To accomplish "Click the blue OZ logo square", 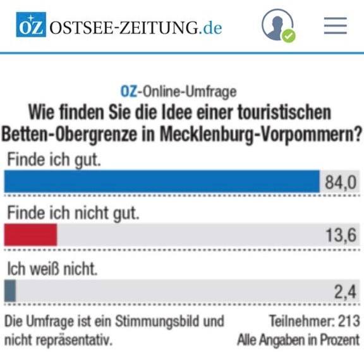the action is [x=31, y=25].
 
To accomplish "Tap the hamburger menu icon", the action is [x=336, y=25].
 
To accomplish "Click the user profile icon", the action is [x=277, y=25].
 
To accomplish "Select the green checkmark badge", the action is [x=289, y=36].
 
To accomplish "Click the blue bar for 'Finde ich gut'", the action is [x=162, y=182].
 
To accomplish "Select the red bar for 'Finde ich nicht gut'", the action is [x=30, y=235].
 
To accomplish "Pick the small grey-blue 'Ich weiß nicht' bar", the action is [x=10, y=291].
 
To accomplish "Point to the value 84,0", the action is [x=341, y=182].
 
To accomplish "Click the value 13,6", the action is [x=341, y=235].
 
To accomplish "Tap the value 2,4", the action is [x=345, y=292].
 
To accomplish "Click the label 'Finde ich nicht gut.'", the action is [x=73, y=213].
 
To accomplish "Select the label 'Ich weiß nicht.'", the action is [x=52, y=269].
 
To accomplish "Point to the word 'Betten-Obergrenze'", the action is [x=69, y=135].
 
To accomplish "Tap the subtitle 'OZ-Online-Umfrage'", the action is [x=178, y=92].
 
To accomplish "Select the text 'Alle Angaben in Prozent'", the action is [x=298, y=340].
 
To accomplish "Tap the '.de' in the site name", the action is [x=210, y=28].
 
